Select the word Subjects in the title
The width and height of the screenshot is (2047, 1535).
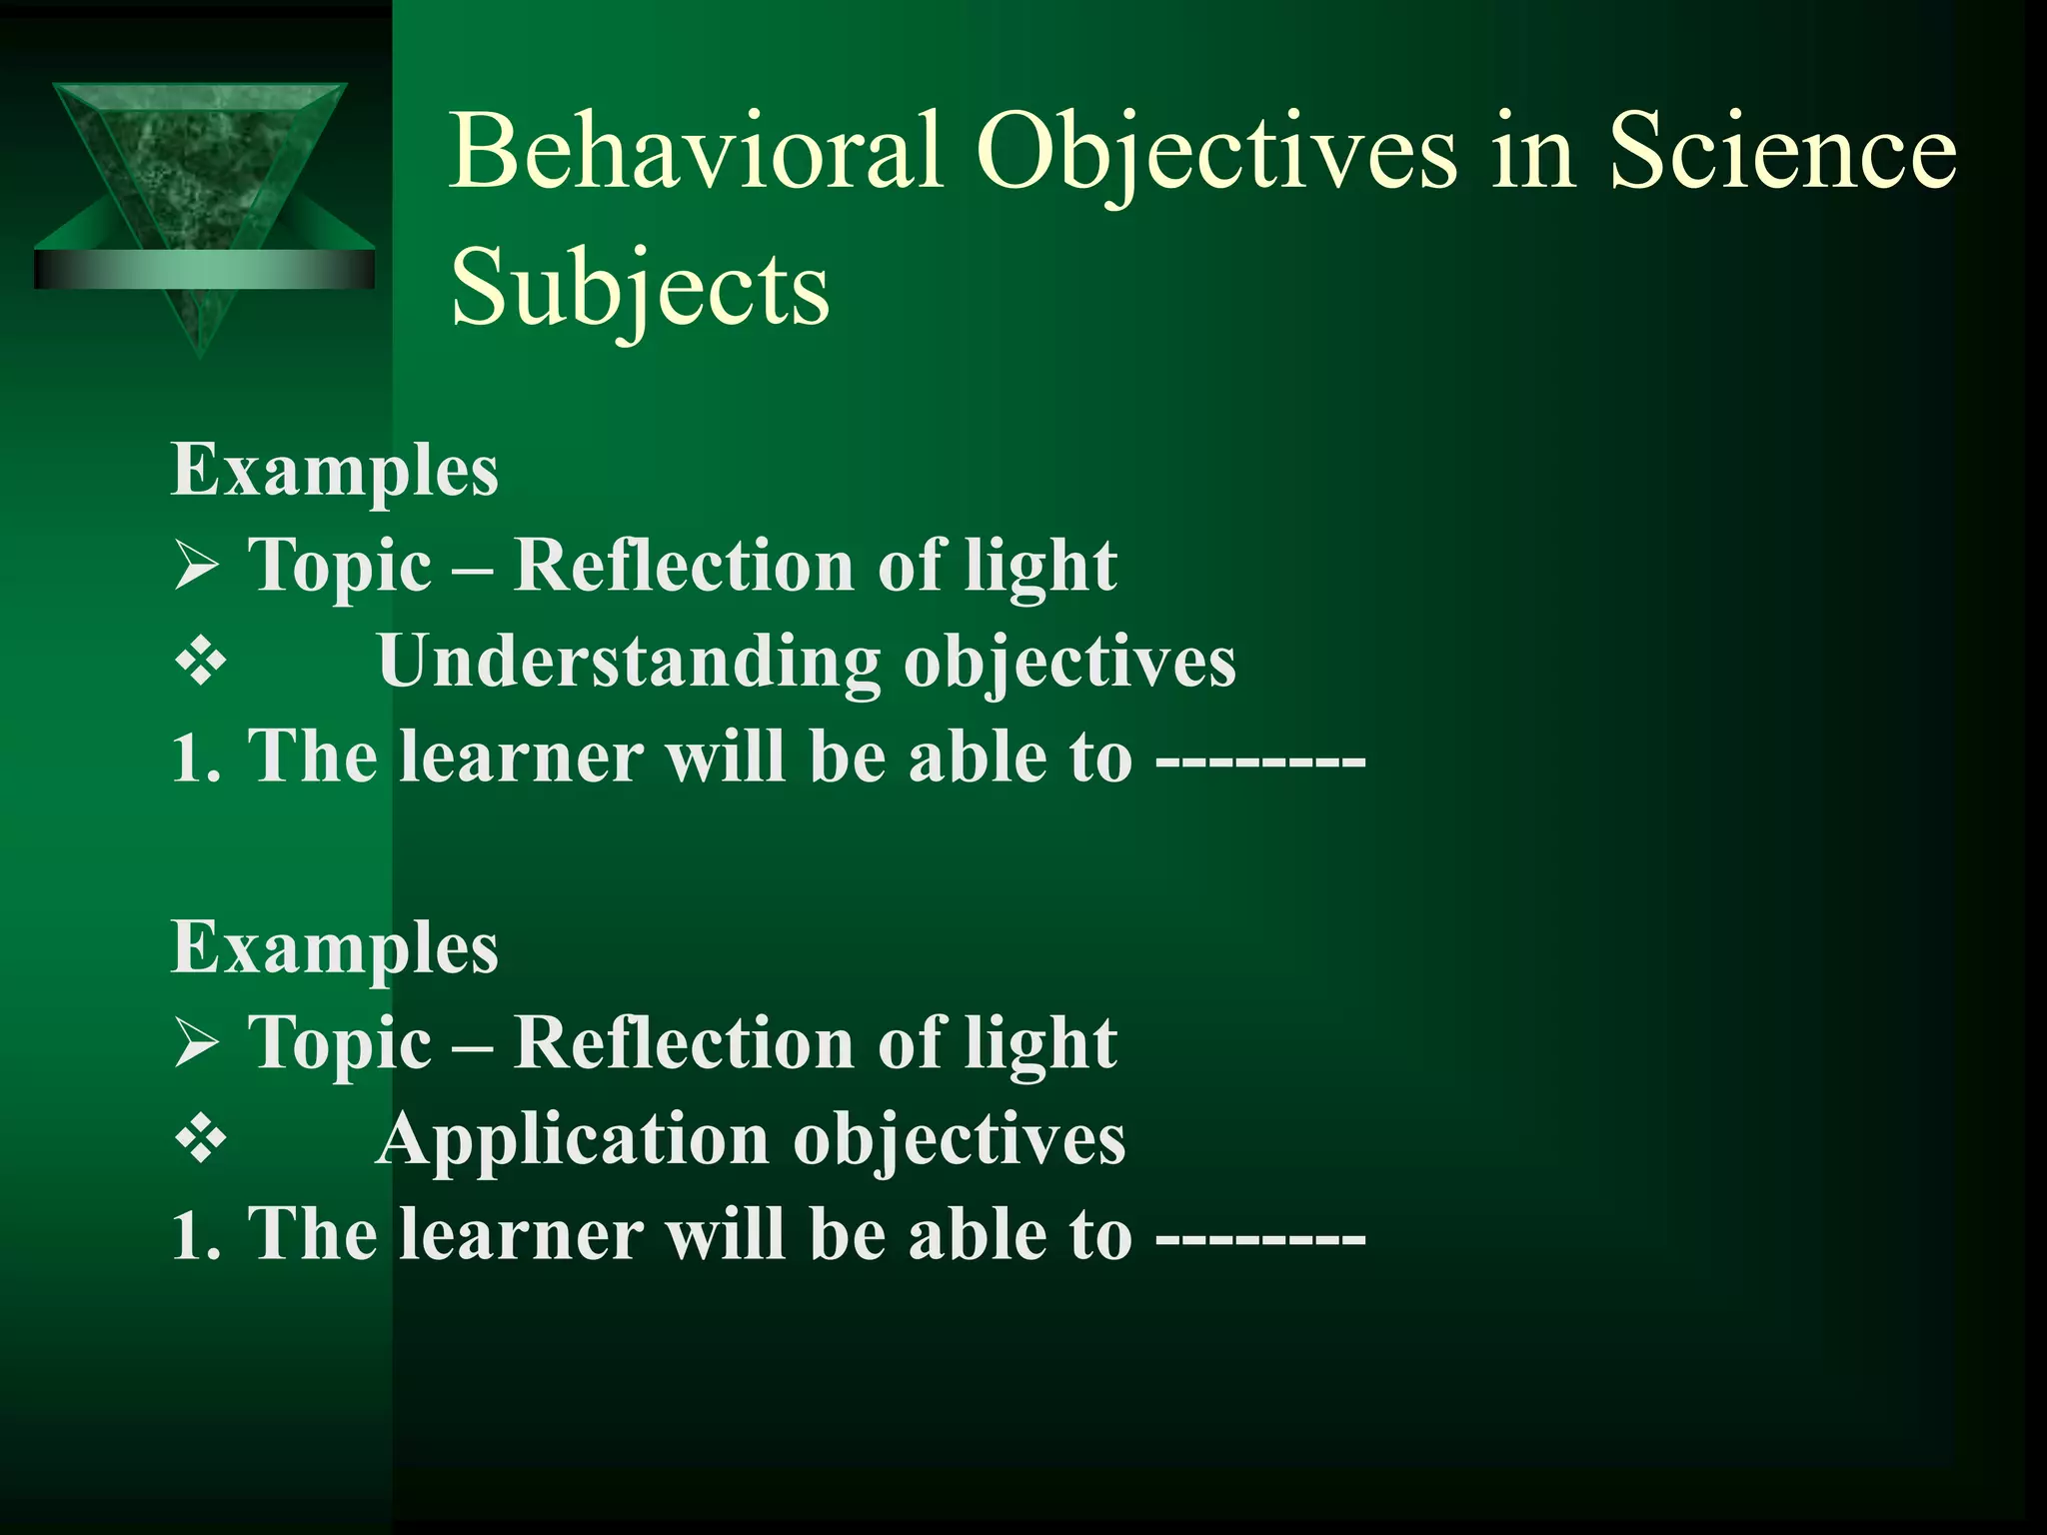[x=640, y=289]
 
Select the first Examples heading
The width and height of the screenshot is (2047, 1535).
[x=335, y=470]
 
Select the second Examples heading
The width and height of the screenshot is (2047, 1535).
[x=335, y=947]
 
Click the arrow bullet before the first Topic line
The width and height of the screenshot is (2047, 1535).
[x=196, y=568]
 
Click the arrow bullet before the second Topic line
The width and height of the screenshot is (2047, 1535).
[x=196, y=1045]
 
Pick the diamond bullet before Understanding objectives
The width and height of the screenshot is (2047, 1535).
[x=201, y=663]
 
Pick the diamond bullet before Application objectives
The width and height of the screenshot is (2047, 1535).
[x=201, y=1140]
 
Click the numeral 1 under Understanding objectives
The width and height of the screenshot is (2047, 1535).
[x=186, y=759]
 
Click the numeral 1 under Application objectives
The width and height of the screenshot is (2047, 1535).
[x=186, y=1236]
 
